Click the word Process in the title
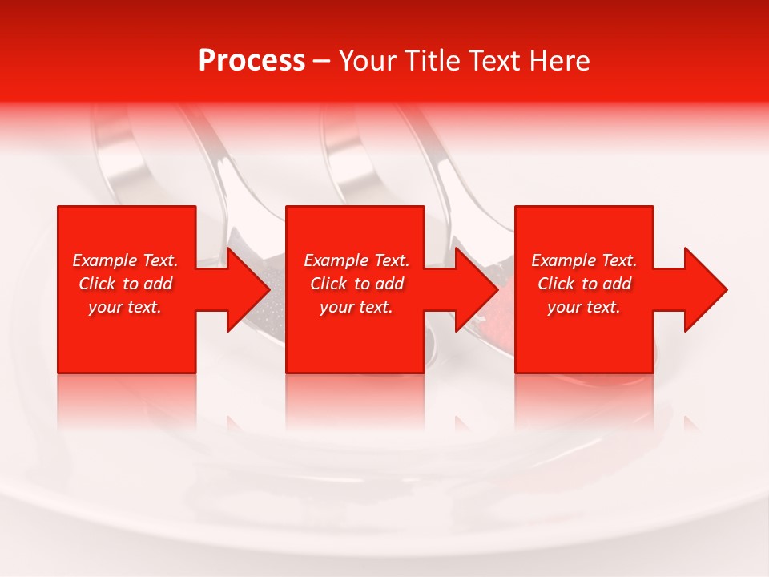pos(252,60)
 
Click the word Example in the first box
pos(105,260)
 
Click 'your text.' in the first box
pos(125,307)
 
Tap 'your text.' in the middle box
pos(356,307)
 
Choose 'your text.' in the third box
pos(584,307)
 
